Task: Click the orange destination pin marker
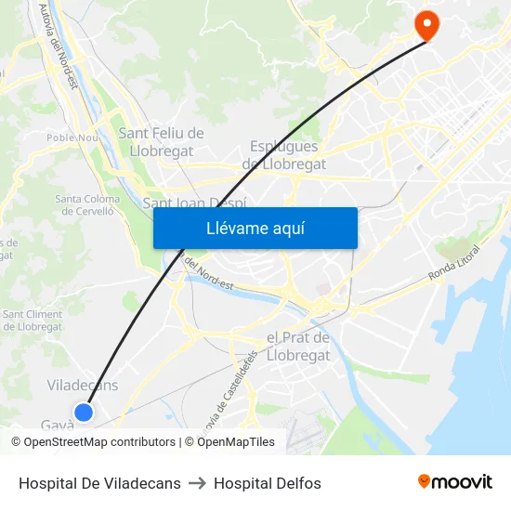pyautogui.click(x=427, y=25)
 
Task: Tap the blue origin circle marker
pyautogui.click(x=84, y=412)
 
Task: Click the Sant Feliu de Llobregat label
pyautogui.click(x=161, y=142)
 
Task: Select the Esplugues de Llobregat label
pyautogui.click(x=284, y=155)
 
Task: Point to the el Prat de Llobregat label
pyautogui.click(x=298, y=346)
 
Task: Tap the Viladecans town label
pyautogui.click(x=83, y=385)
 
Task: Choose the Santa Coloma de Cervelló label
pyautogui.click(x=87, y=204)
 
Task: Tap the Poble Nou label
pyautogui.click(x=72, y=138)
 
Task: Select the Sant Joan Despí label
pyautogui.click(x=194, y=203)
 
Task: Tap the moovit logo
pyautogui.click(x=454, y=481)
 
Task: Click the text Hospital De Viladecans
pyautogui.click(x=99, y=483)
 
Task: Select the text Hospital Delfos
pyautogui.click(x=268, y=483)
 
